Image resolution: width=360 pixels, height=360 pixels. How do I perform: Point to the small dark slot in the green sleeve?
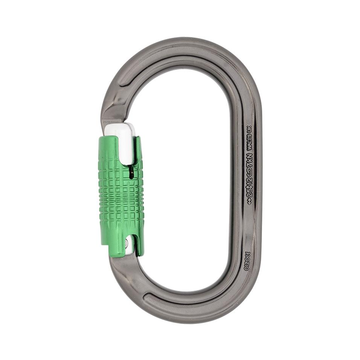pos(131,173)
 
